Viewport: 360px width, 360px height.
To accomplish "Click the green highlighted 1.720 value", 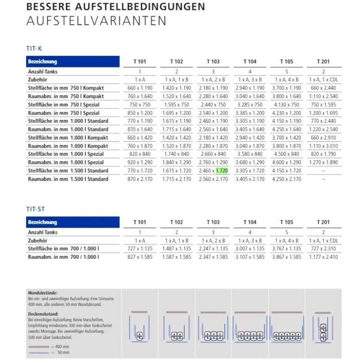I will coord(222,171).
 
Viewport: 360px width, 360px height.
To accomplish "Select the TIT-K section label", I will coord(34,49).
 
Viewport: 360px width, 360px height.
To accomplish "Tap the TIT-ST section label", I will coord(35,209).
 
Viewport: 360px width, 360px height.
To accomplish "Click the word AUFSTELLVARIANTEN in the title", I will coord(96,21).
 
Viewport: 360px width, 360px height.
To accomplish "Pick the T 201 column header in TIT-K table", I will coord(323,61).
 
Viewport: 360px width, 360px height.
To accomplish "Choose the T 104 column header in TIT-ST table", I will coord(249,222).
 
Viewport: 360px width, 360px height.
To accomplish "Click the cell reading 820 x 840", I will coord(140,154).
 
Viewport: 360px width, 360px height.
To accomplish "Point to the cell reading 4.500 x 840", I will coord(286,154).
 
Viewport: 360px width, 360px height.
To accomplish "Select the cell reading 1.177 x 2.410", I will coord(323,257).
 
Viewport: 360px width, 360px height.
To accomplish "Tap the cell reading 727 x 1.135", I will coord(140,248).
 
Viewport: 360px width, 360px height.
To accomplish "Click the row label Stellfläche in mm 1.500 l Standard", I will coord(68,171).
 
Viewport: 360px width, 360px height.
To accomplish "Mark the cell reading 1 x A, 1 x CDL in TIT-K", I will coord(323,80).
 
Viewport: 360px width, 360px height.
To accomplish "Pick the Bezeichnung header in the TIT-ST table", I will coord(42,222).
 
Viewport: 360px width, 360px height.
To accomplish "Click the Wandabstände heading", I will coord(43,293).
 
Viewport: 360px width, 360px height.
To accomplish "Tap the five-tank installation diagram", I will coord(287,329).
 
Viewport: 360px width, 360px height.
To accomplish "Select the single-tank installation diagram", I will coord(140,329).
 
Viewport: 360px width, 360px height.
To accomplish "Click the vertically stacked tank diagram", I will coord(323,329).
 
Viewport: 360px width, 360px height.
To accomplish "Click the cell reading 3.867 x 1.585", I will coord(286,257).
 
